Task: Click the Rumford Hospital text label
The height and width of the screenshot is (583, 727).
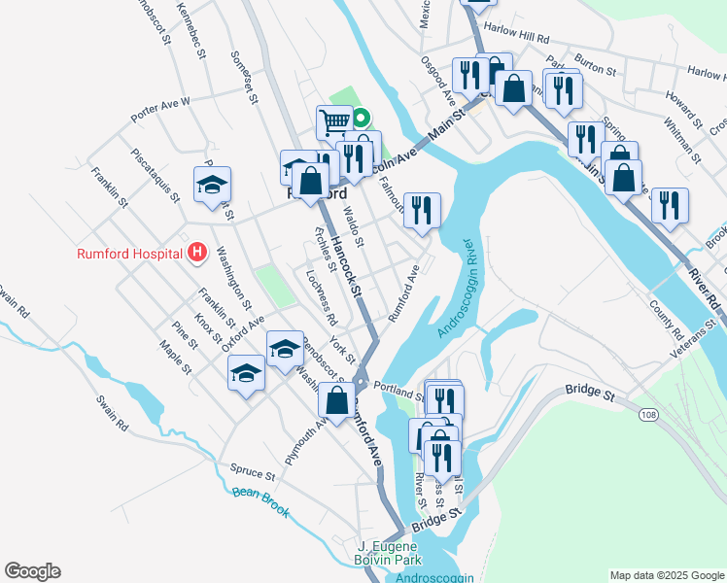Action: tap(129, 254)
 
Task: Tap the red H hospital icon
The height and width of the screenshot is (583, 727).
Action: tap(197, 254)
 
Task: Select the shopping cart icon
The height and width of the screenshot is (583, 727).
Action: tap(333, 122)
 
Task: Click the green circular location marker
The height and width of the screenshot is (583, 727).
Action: tap(361, 120)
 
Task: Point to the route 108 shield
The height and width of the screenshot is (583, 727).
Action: tap(646, 415)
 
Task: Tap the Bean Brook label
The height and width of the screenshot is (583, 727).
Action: tap(261, 500)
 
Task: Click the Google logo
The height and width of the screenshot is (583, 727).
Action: tap(32, 571)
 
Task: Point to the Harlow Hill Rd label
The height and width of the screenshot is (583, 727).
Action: tap(516, 39)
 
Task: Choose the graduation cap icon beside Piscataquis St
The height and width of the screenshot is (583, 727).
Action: tap(213, 187)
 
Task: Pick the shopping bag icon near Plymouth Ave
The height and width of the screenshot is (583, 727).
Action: tap(336, 403)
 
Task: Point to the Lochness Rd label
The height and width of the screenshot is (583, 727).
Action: tap(321, 296)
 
